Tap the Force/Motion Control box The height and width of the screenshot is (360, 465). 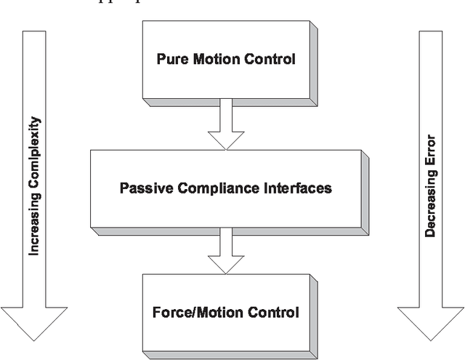[226, 313]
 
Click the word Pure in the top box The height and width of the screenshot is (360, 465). [171, 60]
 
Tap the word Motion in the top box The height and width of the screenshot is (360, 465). [215, 60]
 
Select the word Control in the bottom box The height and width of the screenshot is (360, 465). [274, 313]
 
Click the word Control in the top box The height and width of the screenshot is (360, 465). [271, 60]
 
